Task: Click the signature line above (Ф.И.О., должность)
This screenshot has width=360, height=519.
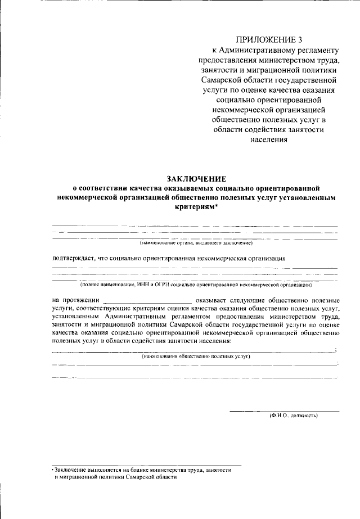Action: point(284,411)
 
